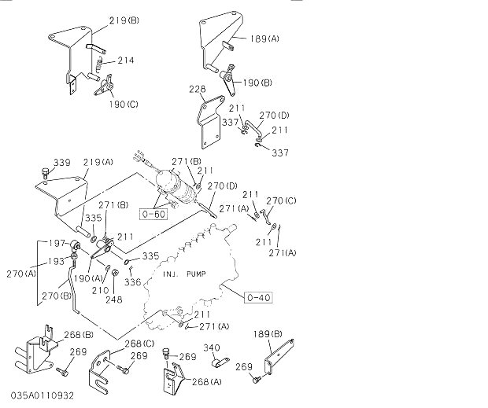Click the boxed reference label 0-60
pyautogui.click(x=154, y=212)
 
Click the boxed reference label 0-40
pyautogui.click(x=258, y=297)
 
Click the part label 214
pyautogui.click(x=126, y=60)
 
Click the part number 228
pyautogui.click(x=197, y=90)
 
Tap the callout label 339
pyautogui.click(x=61, y=163)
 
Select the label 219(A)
pyautogui.click(x=98, y=163)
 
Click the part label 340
pyautogui.click(x=212, y=347)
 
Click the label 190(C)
pyautogui.click(x=122, y=103)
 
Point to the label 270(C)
pyautogui.click(x=281, y=201)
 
